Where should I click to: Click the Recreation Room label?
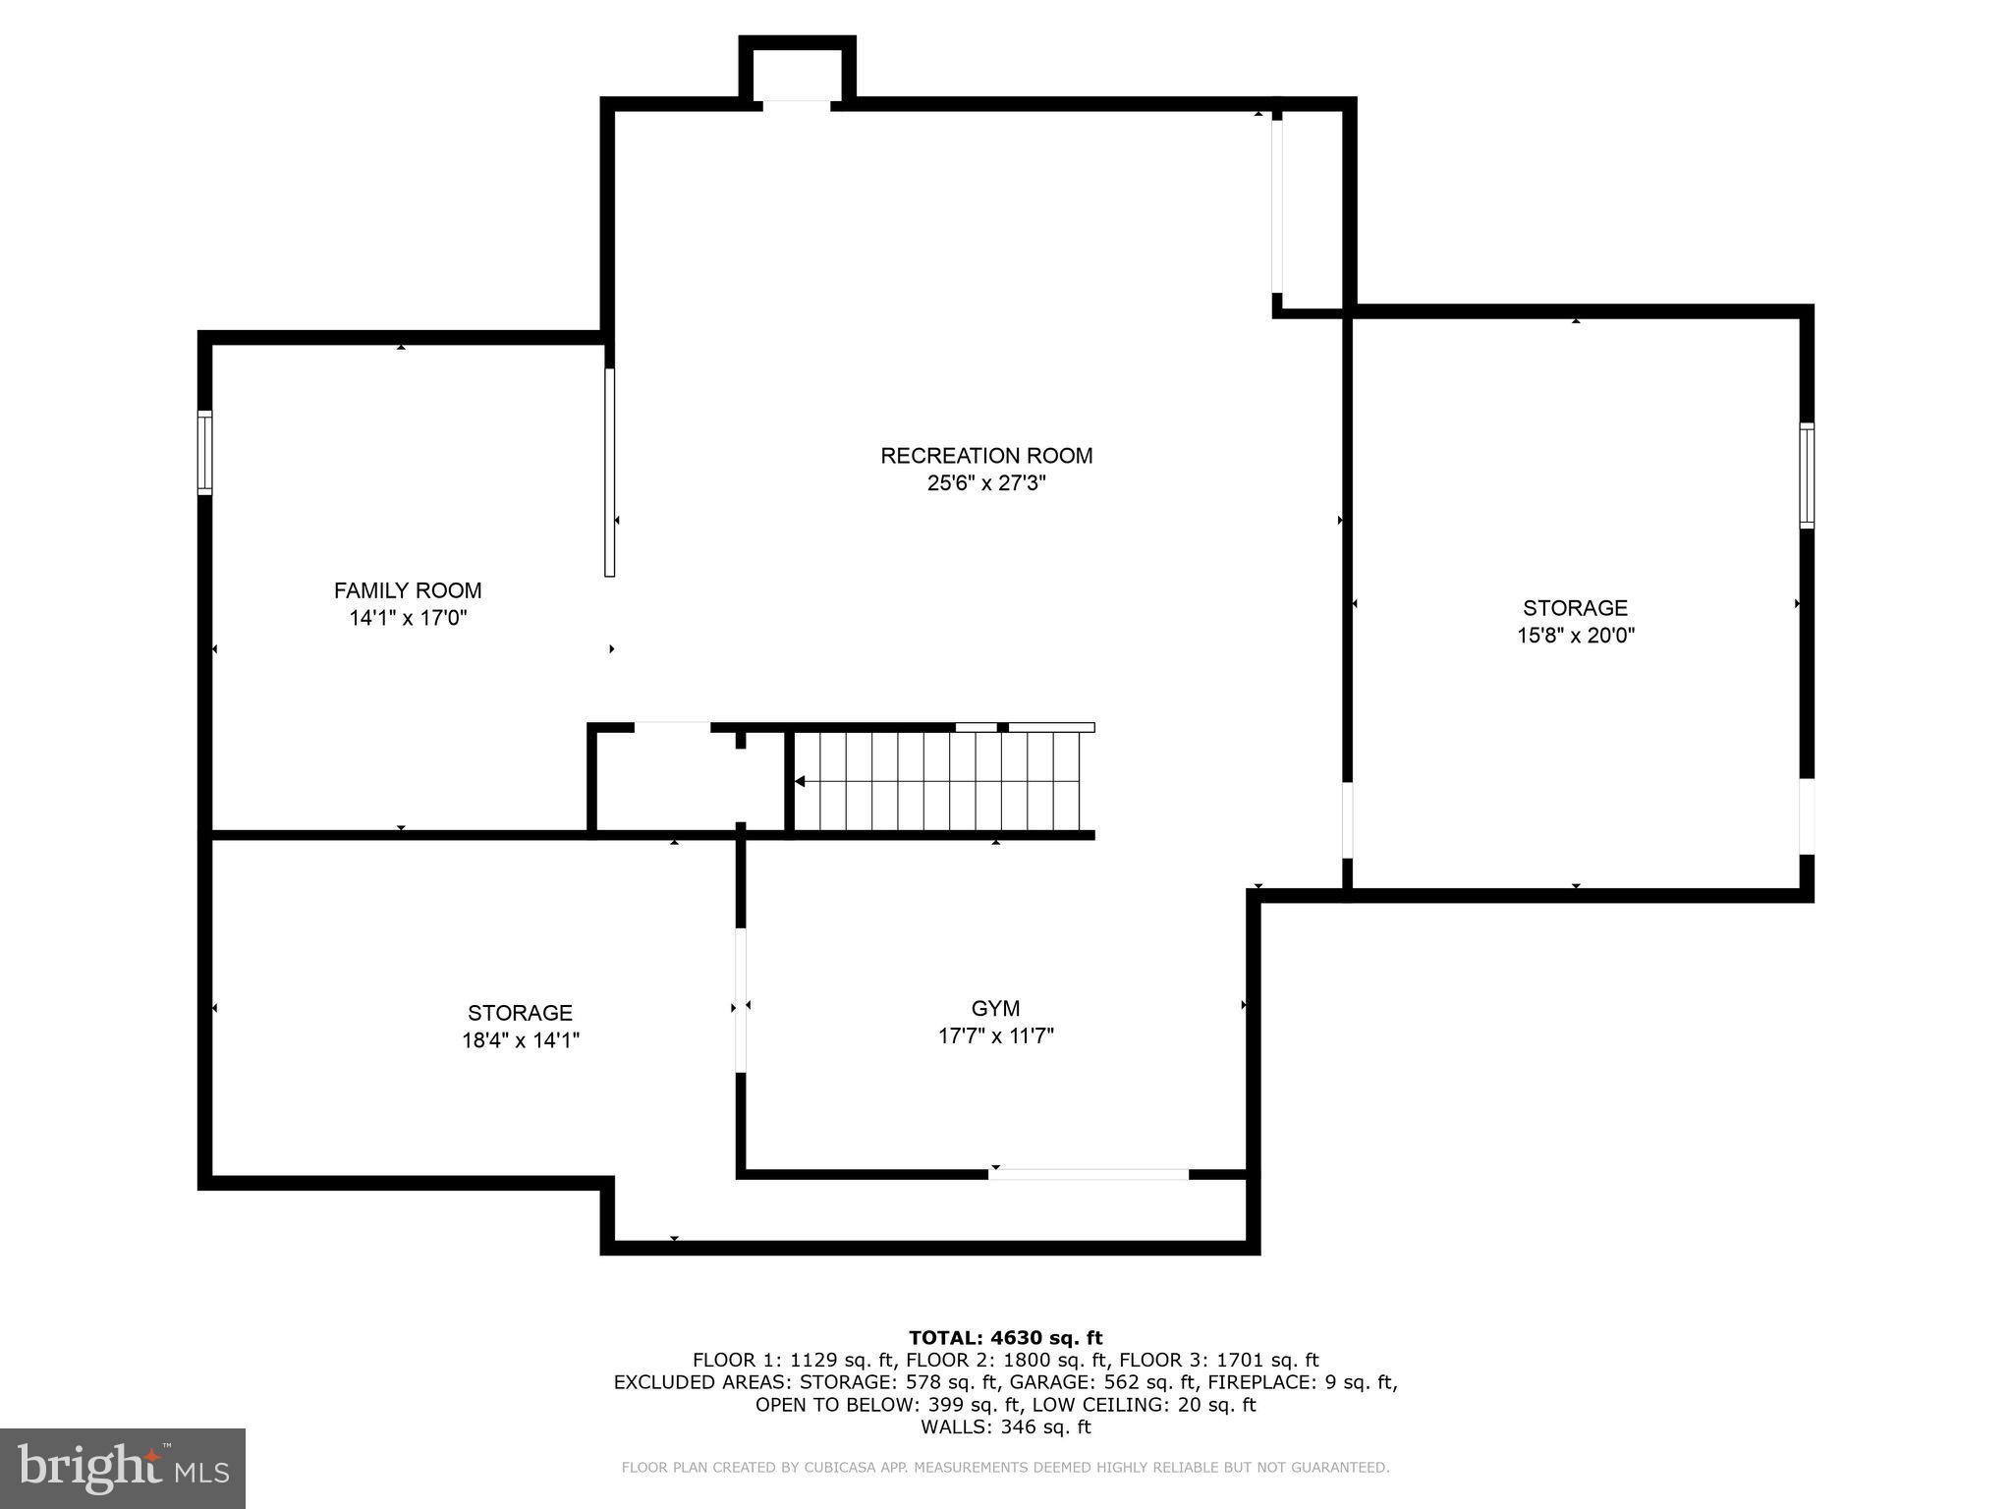[986, 456]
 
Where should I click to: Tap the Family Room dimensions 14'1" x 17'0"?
[408, 618]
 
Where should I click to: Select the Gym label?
[995, 1008]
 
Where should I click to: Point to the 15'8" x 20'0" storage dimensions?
[1576, 636]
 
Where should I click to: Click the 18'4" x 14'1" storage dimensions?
[521, 1040]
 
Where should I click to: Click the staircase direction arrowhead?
[800, 782]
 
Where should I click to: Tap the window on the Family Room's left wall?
[204, 452]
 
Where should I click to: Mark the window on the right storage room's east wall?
[1807, 475]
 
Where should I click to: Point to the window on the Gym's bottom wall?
[1089, 1174]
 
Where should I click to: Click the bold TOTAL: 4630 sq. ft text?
[1005, 1338]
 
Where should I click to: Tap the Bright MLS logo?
[123, 1469]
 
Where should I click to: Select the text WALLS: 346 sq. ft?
[1005, 1426]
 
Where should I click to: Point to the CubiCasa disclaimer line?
[1005, 1468]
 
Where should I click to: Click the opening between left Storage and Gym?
[741, 1000]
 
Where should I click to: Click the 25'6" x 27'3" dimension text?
[986, 483]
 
